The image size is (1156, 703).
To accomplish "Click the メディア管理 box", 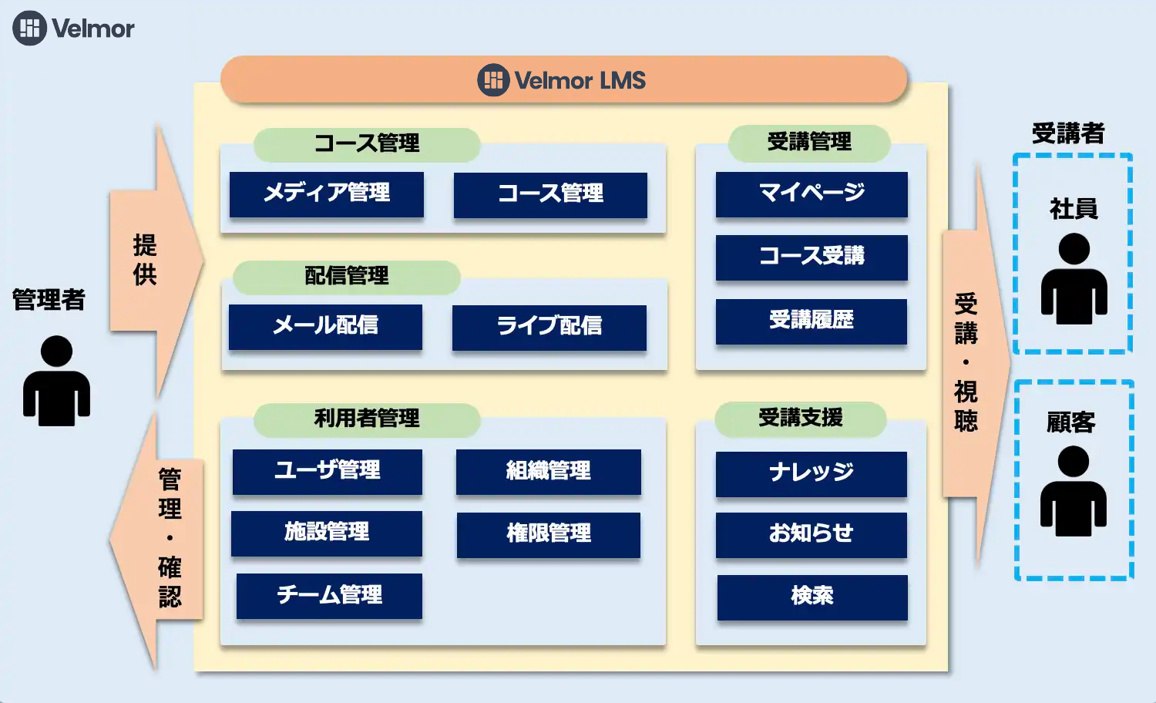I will tap(327, 193).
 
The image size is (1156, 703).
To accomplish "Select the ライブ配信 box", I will tap(549, 327).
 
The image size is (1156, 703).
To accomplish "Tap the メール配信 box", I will tap(325, 326).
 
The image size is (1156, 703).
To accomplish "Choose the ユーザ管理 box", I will tap(328, 471).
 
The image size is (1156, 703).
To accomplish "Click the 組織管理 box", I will tap(549, 471).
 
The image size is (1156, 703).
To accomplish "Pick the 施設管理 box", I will tap(327, 533).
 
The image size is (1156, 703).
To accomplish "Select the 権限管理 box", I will tap(549, 533).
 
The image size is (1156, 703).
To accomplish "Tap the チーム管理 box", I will tap(329, 596).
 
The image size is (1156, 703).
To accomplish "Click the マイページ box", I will tap(812, 193).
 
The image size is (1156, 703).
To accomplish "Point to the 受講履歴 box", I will tap(812, 321).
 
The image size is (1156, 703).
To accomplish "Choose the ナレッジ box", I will tap(812, 473).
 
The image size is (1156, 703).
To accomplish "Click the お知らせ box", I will tap(812, 534).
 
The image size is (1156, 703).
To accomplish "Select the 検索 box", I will tap(812, 597).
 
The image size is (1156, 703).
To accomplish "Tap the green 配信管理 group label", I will tap(347, 276).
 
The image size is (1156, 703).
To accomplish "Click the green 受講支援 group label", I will tap(801, 419).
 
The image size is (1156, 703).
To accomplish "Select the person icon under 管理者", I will tap(56, 381).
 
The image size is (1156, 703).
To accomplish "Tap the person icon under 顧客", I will tap(1074, 491).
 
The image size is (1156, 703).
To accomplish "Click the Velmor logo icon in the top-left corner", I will tap(30, 29).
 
